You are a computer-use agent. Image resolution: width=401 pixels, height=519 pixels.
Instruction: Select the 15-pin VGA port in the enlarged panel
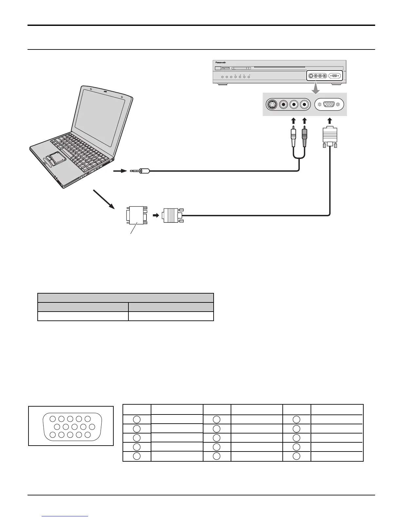[x=329, y=105]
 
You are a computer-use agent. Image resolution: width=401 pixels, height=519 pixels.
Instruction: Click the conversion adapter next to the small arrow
[x=136, y=216]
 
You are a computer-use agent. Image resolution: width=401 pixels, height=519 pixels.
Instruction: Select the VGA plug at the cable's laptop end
[x=171, y=216]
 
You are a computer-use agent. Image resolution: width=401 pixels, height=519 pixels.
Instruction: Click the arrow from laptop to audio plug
[x=120, y=171]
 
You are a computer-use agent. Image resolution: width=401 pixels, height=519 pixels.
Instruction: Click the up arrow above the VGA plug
[x=330, y=121]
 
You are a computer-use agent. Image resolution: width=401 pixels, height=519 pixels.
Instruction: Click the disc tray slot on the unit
[x=288, y=67]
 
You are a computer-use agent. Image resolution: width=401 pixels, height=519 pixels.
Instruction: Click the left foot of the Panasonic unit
[x=223, y=85]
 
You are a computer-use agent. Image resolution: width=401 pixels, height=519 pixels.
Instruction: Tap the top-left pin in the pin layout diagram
[x=53, y=418]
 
